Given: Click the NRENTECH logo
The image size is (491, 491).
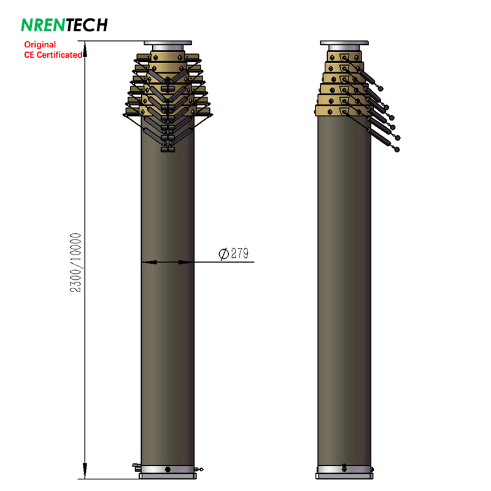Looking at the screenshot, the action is pos(64,25).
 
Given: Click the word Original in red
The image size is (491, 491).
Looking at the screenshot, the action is pos(40,44).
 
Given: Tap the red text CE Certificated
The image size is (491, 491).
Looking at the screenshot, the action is pos(53,55).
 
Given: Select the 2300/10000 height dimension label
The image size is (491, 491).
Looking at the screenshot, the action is pos(75,263).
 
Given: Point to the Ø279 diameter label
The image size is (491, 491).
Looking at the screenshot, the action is pos(234,253).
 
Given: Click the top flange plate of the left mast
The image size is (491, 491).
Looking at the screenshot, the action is pos(168,43).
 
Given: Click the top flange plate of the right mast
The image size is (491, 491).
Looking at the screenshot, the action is pos(344,43).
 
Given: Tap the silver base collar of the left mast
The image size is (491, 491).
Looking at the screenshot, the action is pos(168,469).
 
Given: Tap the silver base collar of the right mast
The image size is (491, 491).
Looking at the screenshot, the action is pos(344,469).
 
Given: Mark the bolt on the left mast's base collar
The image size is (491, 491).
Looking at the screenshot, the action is pos(168,469).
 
